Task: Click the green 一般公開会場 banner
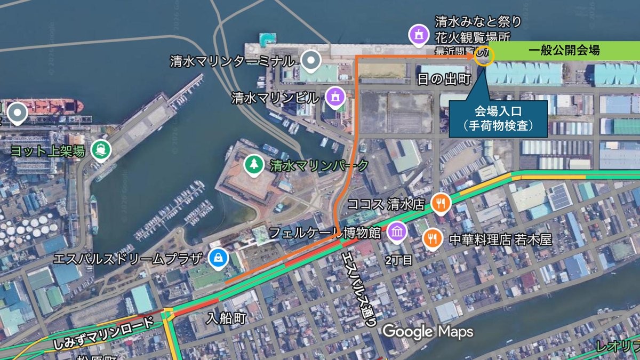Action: point(564,51)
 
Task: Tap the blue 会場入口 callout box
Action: point(498,119)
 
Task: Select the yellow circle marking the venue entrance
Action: point(484,55)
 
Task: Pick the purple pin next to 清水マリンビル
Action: point(335,97)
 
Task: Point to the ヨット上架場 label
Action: point(47,151)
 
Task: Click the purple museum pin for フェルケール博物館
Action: point(397,231)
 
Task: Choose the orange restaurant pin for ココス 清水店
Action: point(441,203)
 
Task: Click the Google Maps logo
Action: point(428,332)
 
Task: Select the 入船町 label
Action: point(227,319)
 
